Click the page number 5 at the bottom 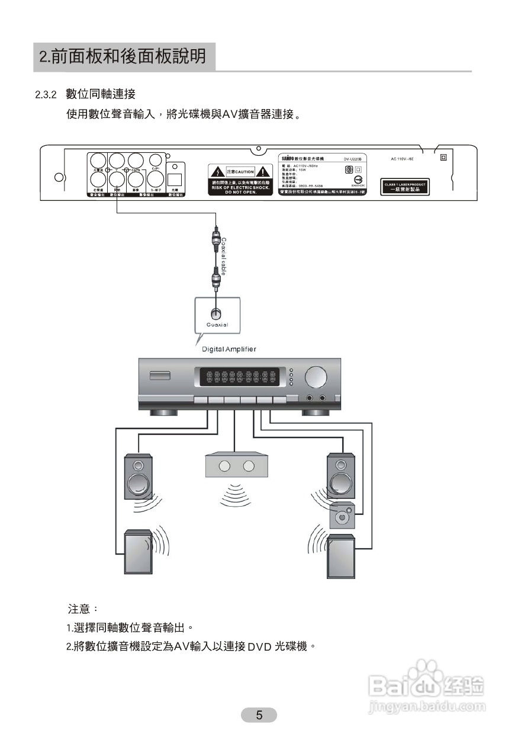(259, 715)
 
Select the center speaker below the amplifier (235, 466)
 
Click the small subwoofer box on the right (343, 515)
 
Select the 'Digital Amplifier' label (229, 349)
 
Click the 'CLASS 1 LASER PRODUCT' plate (405, 187)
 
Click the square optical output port (175, 179)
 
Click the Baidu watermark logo (426, 688)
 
